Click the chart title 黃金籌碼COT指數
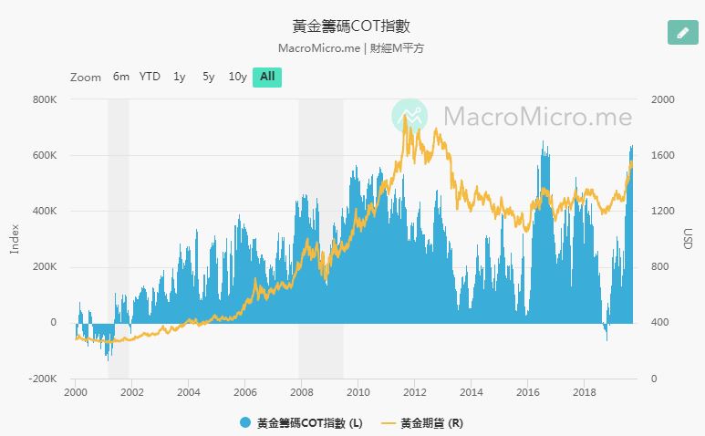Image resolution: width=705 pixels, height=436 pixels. (351, 26)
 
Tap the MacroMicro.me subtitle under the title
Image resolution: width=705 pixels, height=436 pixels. (351, 47)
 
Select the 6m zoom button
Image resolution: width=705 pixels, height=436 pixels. (121, 77)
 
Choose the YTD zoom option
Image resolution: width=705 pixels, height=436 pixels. (150, 77)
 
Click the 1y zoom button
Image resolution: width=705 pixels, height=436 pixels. (180, 77)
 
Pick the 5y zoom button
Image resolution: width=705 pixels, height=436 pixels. (209, 77)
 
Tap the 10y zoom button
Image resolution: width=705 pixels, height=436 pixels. (237, 77)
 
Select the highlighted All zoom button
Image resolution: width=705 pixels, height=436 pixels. (267, 77)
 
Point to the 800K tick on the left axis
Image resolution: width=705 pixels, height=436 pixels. (44, 99)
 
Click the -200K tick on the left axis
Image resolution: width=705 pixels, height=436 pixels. (42, 379)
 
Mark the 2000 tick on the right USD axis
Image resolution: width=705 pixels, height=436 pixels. (663, 99)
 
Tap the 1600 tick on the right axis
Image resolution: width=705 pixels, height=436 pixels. (663, 155)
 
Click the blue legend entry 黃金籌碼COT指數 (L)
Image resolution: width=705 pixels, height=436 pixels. (301, 422)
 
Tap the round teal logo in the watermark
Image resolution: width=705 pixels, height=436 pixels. (410, 116)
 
